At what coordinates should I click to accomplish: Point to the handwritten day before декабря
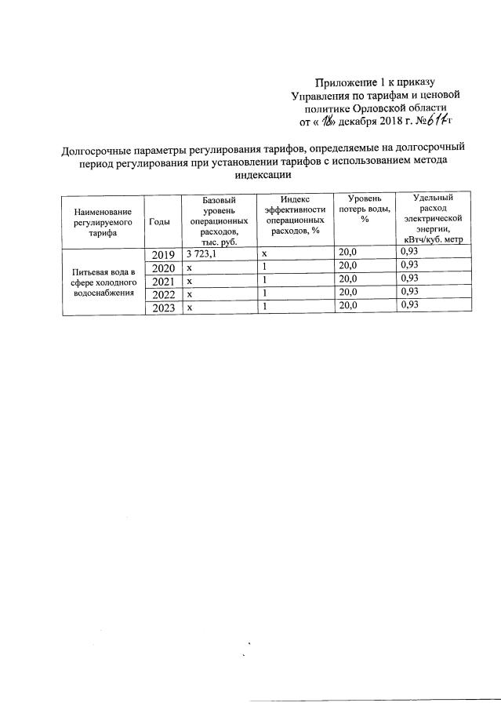click(x=320, y=122)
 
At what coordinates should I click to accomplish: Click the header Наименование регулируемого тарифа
click(x=103, y=222)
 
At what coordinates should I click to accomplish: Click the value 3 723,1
click(x=202, y=253)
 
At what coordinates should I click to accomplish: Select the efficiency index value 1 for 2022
click(x=265, y=293)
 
